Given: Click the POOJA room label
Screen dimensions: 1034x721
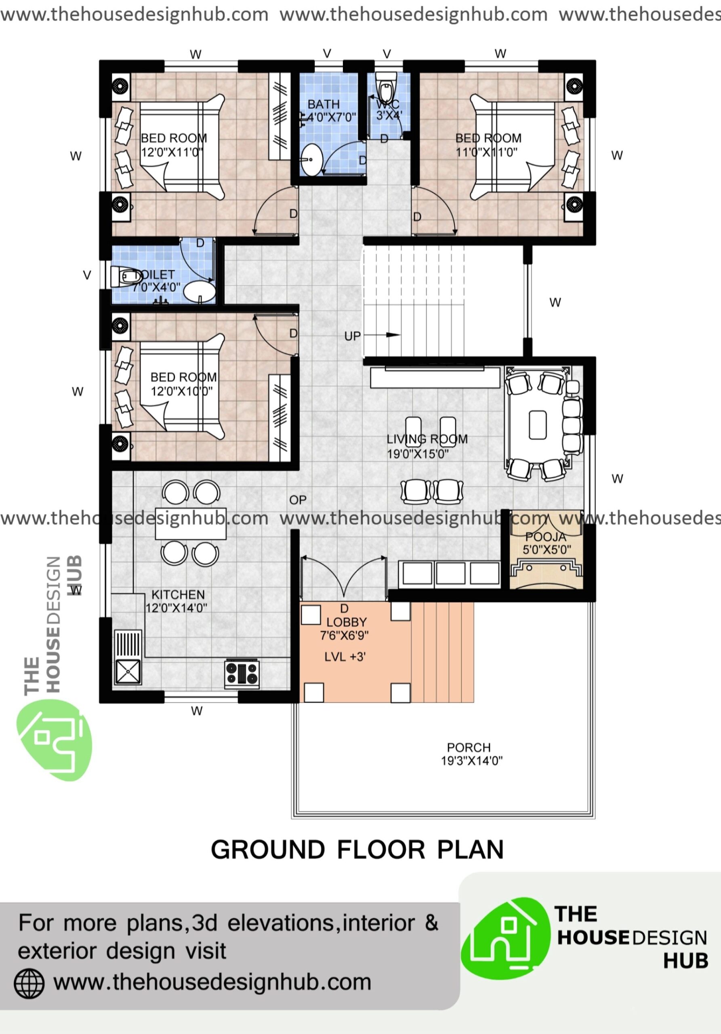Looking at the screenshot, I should click(545, 537).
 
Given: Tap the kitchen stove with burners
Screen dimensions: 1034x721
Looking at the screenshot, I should click(242, 674).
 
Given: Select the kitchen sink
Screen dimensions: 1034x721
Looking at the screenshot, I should click(128, 672).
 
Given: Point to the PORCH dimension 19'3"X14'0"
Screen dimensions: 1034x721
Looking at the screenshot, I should click(471, 761).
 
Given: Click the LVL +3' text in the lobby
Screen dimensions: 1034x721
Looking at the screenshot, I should click(345, 657).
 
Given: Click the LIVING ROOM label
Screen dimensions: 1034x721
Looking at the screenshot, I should click(427, 439).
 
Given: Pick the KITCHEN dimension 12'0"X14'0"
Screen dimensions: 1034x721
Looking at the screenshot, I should click(176, 608).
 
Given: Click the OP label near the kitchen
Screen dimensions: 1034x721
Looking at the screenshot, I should click(298, 500).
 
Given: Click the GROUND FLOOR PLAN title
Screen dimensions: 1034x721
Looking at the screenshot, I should click(357, 849).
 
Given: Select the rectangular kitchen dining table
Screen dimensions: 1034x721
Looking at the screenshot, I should click(191, 523).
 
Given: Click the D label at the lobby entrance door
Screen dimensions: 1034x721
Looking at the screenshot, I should click(344, 609).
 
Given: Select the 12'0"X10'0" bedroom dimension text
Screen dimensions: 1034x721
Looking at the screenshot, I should click(181, 391).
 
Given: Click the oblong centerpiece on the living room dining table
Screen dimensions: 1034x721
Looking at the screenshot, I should click(537, 424).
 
